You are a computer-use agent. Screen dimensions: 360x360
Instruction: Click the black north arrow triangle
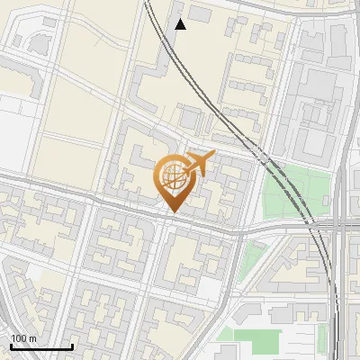point(180,24)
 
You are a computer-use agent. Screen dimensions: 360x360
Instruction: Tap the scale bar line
point(41,347)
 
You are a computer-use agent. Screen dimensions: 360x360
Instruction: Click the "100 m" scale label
point(24,338)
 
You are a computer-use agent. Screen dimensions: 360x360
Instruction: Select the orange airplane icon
point(198,164)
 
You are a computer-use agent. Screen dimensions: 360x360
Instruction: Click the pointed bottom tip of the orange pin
point(172,212)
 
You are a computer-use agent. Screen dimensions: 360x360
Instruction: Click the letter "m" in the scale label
point(32,338)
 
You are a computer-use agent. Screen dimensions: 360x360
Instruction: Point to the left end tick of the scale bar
point(11,346)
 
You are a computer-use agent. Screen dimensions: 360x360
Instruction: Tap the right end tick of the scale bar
point(72,346)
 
